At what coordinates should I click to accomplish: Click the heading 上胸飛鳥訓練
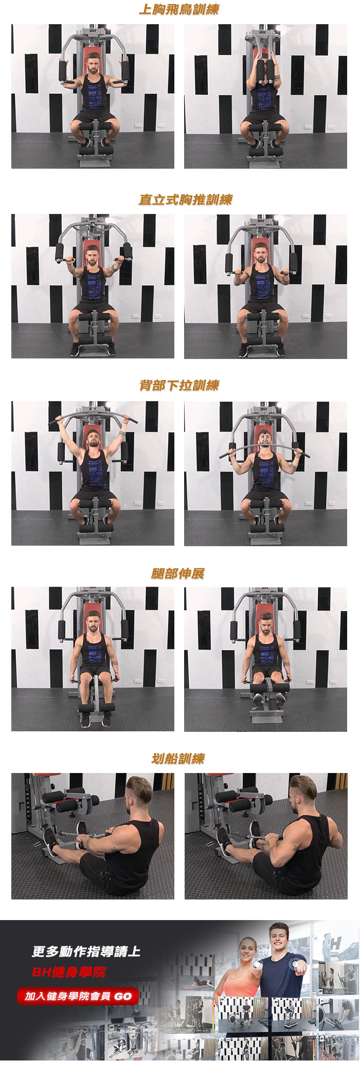point(179,9)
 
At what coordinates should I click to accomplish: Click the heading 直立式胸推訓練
point(186,200)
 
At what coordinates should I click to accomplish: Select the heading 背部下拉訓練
point(179,385)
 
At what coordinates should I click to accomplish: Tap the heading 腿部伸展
point(178,573)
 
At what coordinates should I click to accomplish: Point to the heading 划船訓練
point(178,759)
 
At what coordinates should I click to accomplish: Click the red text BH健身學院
point(69,972)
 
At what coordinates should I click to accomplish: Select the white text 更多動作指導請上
point(86,951)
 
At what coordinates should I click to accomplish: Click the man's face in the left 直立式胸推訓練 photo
point(92,256)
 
